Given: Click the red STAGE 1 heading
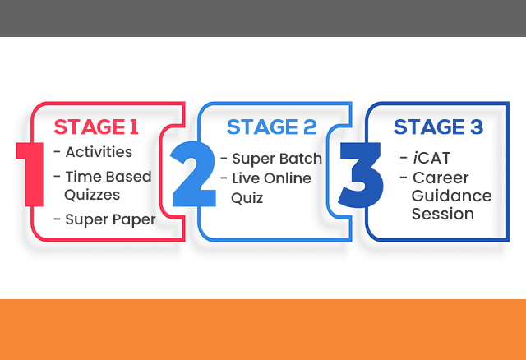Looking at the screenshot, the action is [96, 127].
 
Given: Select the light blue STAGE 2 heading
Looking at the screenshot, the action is [272, 127].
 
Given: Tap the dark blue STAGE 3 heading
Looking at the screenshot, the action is [438, 127].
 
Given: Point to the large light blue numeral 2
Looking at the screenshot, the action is [193, 173].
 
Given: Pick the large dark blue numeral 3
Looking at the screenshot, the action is [361, 174].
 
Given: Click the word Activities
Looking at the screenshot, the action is [99, 152].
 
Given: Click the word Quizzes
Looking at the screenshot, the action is [92, 195].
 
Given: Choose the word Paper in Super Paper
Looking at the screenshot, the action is [134, 220].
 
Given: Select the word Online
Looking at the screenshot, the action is [288, 178].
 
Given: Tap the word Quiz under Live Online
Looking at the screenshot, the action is [247, 198].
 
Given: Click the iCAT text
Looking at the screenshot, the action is [431, 158].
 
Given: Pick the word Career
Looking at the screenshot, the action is [441, 178].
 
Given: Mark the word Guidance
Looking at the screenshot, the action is [451, 196].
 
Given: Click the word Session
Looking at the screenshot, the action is [443, 214].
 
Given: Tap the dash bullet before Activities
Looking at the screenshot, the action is [57, 152].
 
